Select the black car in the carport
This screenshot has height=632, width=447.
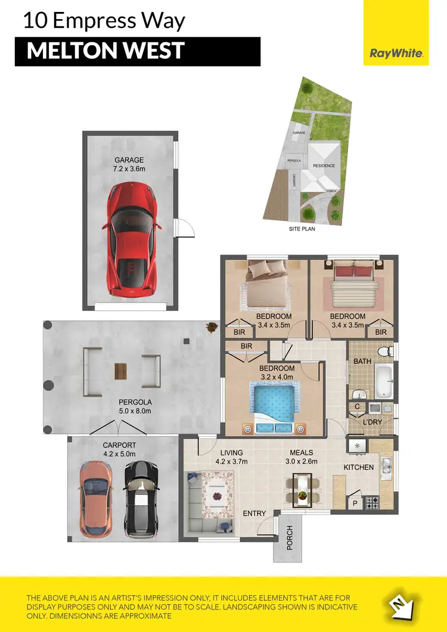pos(141,498)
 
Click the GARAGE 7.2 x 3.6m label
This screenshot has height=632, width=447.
pos(129,164)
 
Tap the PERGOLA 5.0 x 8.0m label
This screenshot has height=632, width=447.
pos(135,407)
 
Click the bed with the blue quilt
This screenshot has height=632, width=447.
pos(275,406)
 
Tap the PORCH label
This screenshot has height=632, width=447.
pos(290,538)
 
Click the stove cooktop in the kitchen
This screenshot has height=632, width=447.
pos(372,503)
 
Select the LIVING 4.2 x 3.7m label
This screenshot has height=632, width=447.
pos(232,456)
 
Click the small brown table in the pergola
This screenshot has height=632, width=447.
pos(122,370)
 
